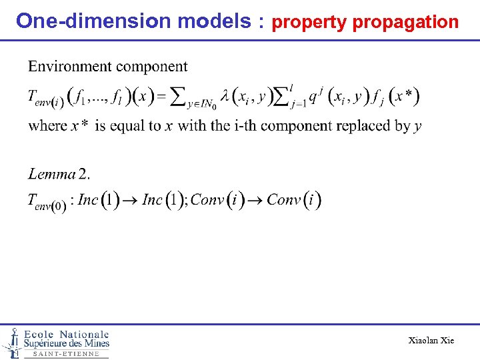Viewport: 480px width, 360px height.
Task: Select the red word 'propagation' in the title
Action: click(405, 22)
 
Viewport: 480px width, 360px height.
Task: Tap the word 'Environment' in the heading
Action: click(70, 67)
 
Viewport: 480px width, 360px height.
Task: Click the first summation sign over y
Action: click(179, 97)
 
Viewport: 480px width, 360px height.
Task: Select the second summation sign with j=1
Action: click(292, 97)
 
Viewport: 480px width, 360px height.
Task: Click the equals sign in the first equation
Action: click(161, 97)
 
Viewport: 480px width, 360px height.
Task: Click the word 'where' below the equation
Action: click(47, 126)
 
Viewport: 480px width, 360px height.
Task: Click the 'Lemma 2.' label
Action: click(59, 174)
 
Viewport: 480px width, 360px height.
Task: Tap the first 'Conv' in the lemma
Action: click(207, 200)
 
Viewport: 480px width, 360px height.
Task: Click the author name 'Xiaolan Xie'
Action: click(431, 341)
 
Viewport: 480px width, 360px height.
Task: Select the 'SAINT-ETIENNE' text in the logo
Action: click(66, 354)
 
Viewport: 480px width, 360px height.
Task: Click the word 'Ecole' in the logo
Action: click(39, 334)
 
